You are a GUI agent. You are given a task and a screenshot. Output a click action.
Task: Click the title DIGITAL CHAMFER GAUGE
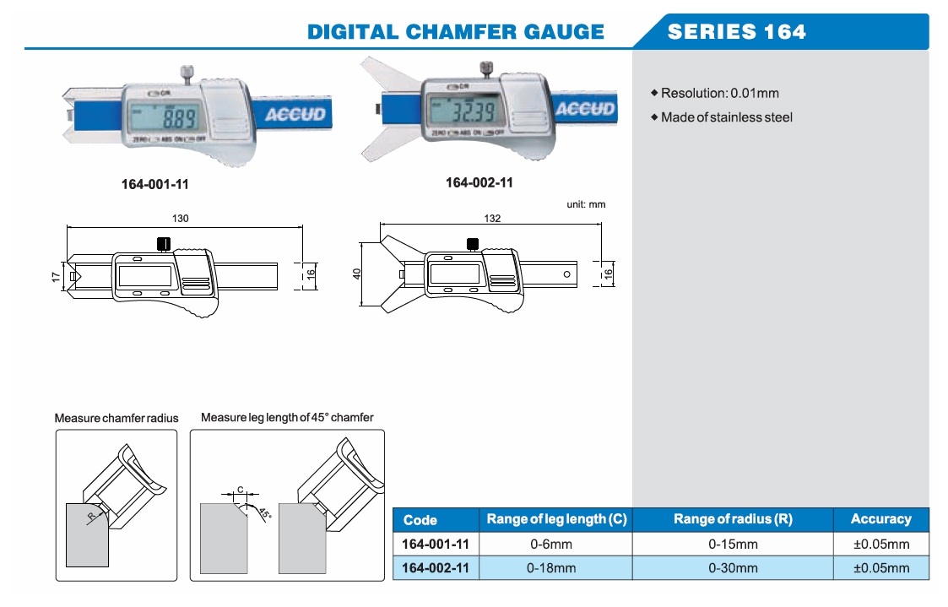(456, 32)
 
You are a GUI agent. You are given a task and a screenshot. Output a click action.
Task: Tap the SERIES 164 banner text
(736, 32)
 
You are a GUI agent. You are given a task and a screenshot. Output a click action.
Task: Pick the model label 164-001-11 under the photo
(149, 182)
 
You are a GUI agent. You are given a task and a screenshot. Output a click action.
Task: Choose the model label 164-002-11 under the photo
(479, 182)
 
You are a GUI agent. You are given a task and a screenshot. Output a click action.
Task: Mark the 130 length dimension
(181, 218)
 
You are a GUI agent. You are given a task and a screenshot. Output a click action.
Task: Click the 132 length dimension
(492, 218)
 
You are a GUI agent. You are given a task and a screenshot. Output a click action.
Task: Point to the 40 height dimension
(356, 274)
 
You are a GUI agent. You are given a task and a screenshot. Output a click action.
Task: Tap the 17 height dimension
(55, 276)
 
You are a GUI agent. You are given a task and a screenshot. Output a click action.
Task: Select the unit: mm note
(586, 204)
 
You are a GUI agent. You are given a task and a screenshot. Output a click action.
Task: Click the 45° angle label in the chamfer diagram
(264, 513)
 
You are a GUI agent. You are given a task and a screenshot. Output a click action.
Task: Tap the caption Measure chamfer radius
(116, 418)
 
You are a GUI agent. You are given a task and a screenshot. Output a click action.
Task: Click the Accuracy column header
(880, 519)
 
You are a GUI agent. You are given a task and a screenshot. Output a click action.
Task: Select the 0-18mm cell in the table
(550, 568)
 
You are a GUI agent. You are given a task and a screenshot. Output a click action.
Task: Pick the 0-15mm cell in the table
(733, 544)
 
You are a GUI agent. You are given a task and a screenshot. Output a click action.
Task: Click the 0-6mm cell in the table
(550, 544)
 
